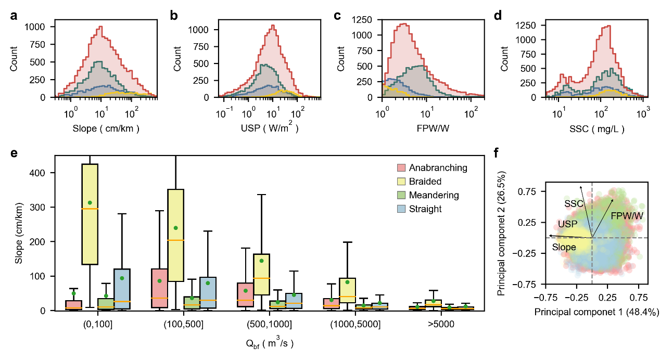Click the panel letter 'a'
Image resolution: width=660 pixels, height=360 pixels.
coord(14,16)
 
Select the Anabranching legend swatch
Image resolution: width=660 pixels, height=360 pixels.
coord(401,168)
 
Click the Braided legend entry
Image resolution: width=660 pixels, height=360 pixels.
coord(426,182)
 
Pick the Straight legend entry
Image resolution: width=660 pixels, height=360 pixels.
coord(426,209)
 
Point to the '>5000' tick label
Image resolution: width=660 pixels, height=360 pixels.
coord(442,324)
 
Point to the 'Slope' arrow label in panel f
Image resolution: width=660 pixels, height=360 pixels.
coord(564,248)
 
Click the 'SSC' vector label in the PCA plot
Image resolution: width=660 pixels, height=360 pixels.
coord(574,203)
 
